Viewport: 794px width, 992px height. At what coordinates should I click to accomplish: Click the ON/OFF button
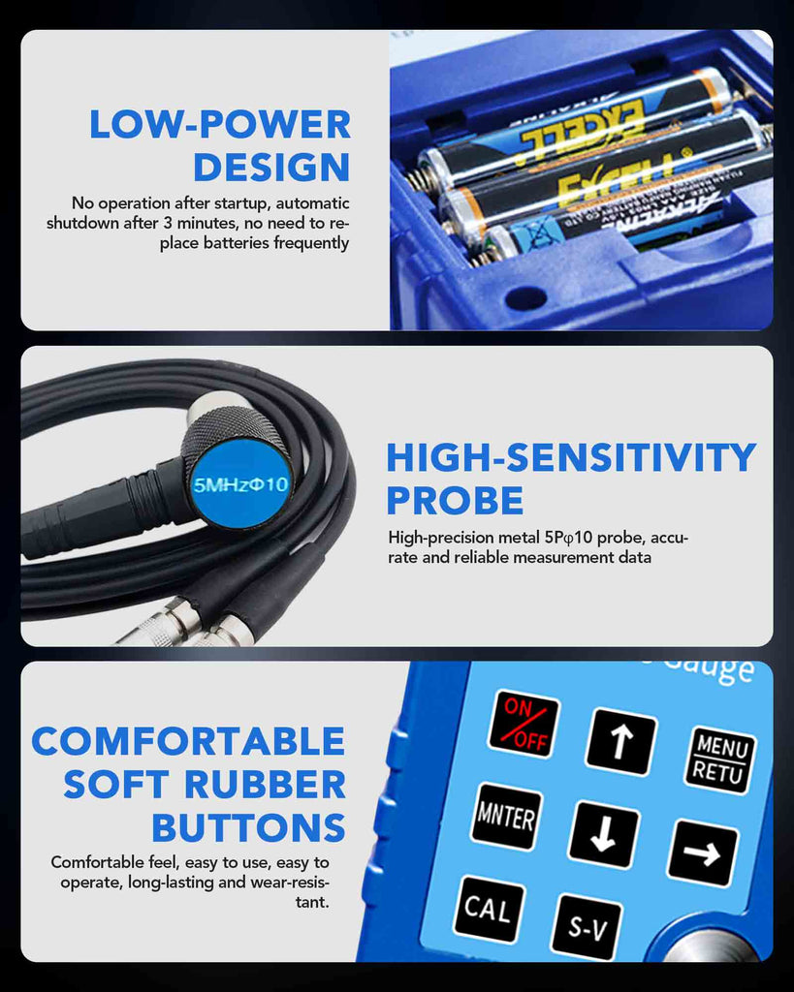click(524, 723)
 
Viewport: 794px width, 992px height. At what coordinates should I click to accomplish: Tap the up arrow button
click(620, 741)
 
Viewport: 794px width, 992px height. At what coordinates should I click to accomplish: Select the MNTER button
click(506, 816)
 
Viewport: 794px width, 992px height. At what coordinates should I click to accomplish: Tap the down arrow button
click(603, 833)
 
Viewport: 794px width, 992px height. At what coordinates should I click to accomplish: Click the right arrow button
click(702, 852)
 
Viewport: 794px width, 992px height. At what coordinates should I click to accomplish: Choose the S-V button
click(587, 927)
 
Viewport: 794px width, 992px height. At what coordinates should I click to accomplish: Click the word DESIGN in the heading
click(271, 167)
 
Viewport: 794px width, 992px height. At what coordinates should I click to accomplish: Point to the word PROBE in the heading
click(455, 501)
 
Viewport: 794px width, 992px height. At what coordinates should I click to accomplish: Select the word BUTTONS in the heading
click(248, 828)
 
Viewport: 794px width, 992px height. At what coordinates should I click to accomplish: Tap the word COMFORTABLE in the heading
click(188, 741)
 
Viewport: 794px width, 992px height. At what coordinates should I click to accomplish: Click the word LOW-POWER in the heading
click(220, 124)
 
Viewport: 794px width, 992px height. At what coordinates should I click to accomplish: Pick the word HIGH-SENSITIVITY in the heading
click(571, 457)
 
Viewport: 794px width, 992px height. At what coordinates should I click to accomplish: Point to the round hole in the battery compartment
click(524, 297)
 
